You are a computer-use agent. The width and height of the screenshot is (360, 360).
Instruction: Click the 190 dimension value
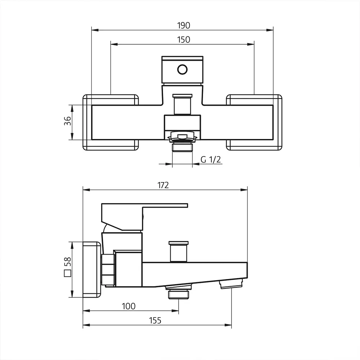click(183, 25)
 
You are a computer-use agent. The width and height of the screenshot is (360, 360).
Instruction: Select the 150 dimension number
click(183, 40)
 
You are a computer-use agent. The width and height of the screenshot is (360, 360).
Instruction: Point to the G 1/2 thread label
click(211, 160)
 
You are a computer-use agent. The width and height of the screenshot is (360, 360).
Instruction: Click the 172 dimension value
click(163, 185)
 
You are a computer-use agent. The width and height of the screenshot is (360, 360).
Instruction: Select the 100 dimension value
click(129, 306)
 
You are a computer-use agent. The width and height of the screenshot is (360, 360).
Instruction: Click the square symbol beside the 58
click(67, 274)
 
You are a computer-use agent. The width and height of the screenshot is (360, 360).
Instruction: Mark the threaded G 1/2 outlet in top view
click(183, 148)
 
